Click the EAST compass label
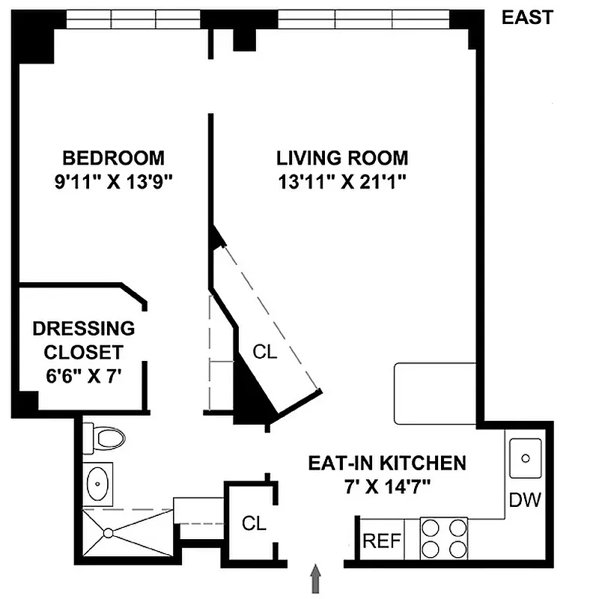527,17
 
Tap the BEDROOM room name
113,158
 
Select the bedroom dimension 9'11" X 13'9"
113,182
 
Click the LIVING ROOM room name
342,158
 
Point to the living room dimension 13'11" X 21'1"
342,182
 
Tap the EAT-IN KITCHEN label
387,463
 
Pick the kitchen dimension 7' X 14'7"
387,487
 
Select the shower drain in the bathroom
109,533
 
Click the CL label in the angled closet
264,352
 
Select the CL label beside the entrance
254,524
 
